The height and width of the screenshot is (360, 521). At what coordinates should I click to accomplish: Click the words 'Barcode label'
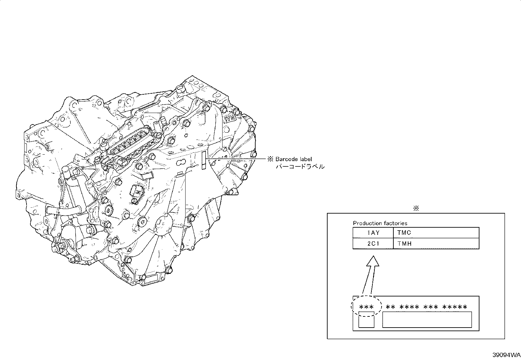click(x=294, y=159)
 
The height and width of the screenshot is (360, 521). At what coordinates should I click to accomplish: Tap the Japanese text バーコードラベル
click(x=300, y=166)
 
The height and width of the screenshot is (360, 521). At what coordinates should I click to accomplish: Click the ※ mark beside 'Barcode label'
click(x=270, y=159)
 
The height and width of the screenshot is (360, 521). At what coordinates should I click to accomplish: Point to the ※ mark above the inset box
click(x=416, y=208)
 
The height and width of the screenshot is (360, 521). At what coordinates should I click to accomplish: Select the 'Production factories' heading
click(x=380, y=223)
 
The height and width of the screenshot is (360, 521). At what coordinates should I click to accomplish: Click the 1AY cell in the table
click(x=373, y=233)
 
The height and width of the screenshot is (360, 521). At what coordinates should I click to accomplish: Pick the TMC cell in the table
click(x=436, y=233)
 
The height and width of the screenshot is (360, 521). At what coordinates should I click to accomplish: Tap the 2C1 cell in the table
click(x=373, y=244)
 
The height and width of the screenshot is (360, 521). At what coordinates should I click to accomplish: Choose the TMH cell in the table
click(x=436, y=244)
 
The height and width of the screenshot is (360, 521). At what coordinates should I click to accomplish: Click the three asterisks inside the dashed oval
click(x=366, y=307)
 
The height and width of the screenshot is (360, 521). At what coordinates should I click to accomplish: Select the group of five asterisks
click(x=455, y=307)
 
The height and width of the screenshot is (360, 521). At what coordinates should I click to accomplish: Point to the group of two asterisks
click(x=390, y=307)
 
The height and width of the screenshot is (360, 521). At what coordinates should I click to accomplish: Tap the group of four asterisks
click(x=409, y=307)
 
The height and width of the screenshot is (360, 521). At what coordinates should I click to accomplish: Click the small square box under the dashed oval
click(x=366, y=319)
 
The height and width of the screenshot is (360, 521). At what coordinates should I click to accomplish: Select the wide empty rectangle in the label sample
click(x=427, y=319)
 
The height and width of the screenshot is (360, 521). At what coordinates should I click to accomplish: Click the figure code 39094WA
click(x=506, y=355)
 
